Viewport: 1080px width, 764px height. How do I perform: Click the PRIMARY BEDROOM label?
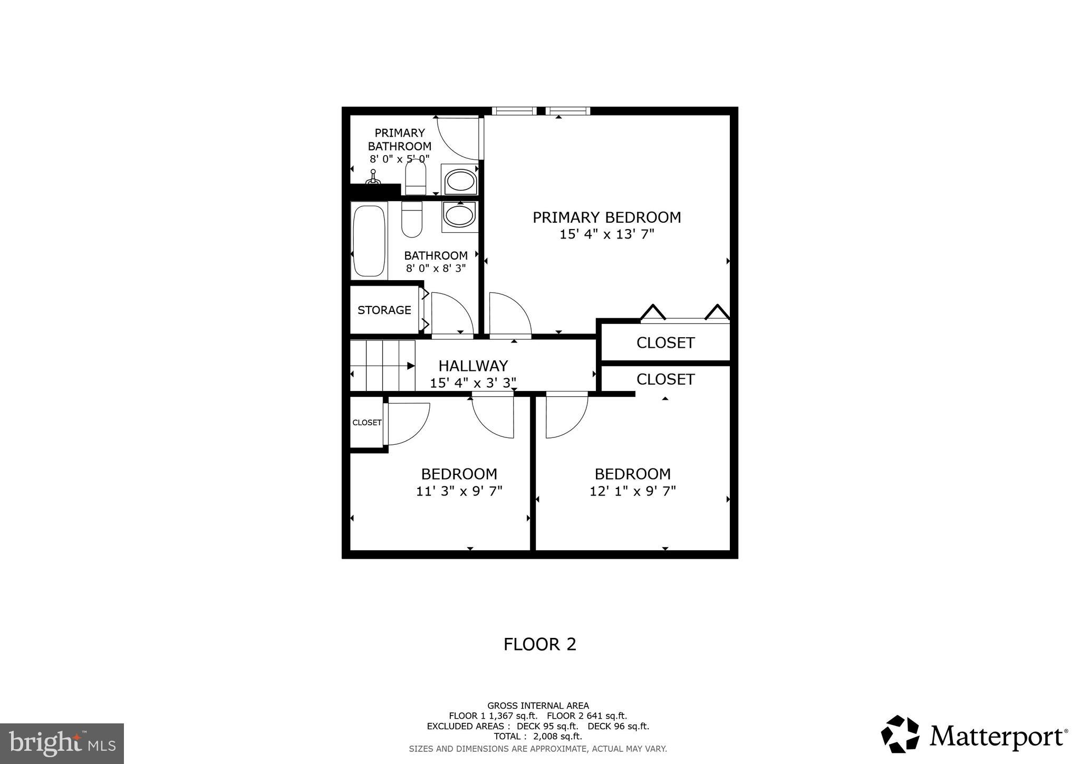[606, 217]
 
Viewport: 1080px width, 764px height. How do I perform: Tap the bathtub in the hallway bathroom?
[369, 241]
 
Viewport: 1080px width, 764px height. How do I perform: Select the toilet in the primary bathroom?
[416, 177]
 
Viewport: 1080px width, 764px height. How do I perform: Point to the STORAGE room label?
[384, 310]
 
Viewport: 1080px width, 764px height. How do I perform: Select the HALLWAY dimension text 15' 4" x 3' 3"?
[472, 383]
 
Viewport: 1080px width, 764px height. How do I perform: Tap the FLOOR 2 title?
[539, 644]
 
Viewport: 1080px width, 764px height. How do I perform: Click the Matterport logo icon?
[900, 734]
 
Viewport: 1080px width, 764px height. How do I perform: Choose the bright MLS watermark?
[62, 744]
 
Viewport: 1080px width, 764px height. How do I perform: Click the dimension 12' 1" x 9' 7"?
[632, 491]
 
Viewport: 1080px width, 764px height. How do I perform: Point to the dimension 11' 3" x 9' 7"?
[459, 491]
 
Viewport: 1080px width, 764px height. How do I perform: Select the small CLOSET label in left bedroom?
[367, 423]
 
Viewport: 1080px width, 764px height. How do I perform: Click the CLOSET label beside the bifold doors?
[665, 343]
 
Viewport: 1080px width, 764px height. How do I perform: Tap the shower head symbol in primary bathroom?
[373, 177]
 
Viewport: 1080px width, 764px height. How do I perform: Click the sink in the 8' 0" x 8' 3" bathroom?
[459, 215]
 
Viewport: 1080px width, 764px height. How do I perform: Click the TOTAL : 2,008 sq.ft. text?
[538, 736]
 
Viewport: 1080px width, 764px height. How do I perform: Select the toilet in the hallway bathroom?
[412, 219]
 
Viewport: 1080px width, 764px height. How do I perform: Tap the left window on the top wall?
[514, 111]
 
